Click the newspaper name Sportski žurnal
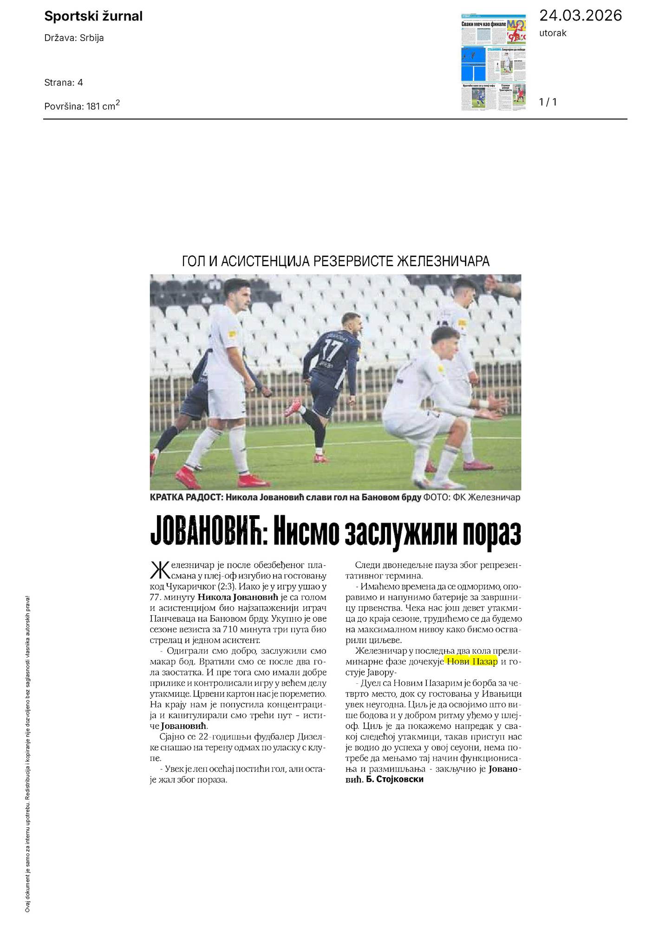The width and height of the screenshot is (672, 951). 93,17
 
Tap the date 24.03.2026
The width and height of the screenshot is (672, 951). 580,16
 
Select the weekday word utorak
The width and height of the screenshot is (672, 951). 553,33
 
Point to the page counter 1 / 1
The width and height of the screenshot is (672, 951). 548,102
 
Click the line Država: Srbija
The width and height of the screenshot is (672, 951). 74,38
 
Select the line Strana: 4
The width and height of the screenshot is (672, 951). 64,83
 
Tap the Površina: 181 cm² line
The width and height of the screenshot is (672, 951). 82,106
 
